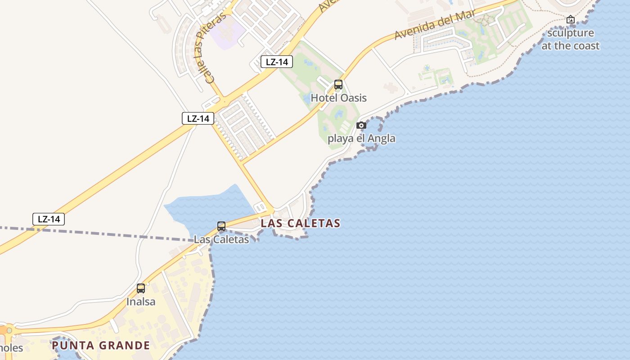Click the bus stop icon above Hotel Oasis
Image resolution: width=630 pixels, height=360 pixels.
(338, 85)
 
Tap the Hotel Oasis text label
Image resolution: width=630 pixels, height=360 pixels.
(338, 98)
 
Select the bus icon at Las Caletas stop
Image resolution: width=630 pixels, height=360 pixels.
(221, 226)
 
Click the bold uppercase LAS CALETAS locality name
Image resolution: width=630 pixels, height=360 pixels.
(300, 223)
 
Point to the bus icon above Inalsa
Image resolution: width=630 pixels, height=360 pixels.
(141, 288)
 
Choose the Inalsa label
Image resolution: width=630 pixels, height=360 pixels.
(141, 301)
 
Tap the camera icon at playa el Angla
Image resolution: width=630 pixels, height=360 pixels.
(361, 126)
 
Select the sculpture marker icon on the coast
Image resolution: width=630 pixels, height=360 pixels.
(571, 19)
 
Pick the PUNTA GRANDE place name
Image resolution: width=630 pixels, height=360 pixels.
(100, 346)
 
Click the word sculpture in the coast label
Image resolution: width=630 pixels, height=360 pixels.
(571, 33)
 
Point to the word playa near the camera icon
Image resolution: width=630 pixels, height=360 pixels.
(341, 139)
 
